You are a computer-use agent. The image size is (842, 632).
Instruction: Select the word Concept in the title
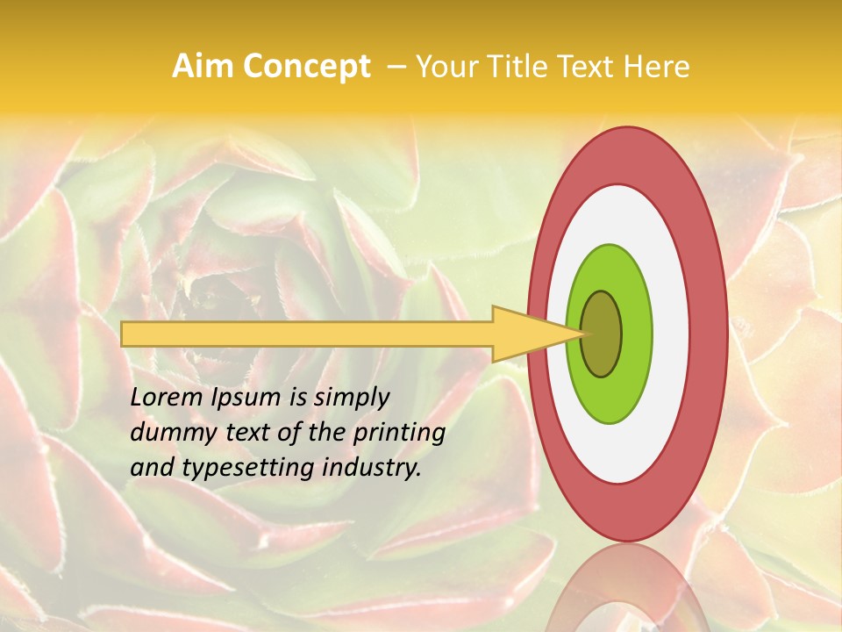(x=307, y=67)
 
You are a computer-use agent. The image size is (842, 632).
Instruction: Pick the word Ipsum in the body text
(x=246, y=398)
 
